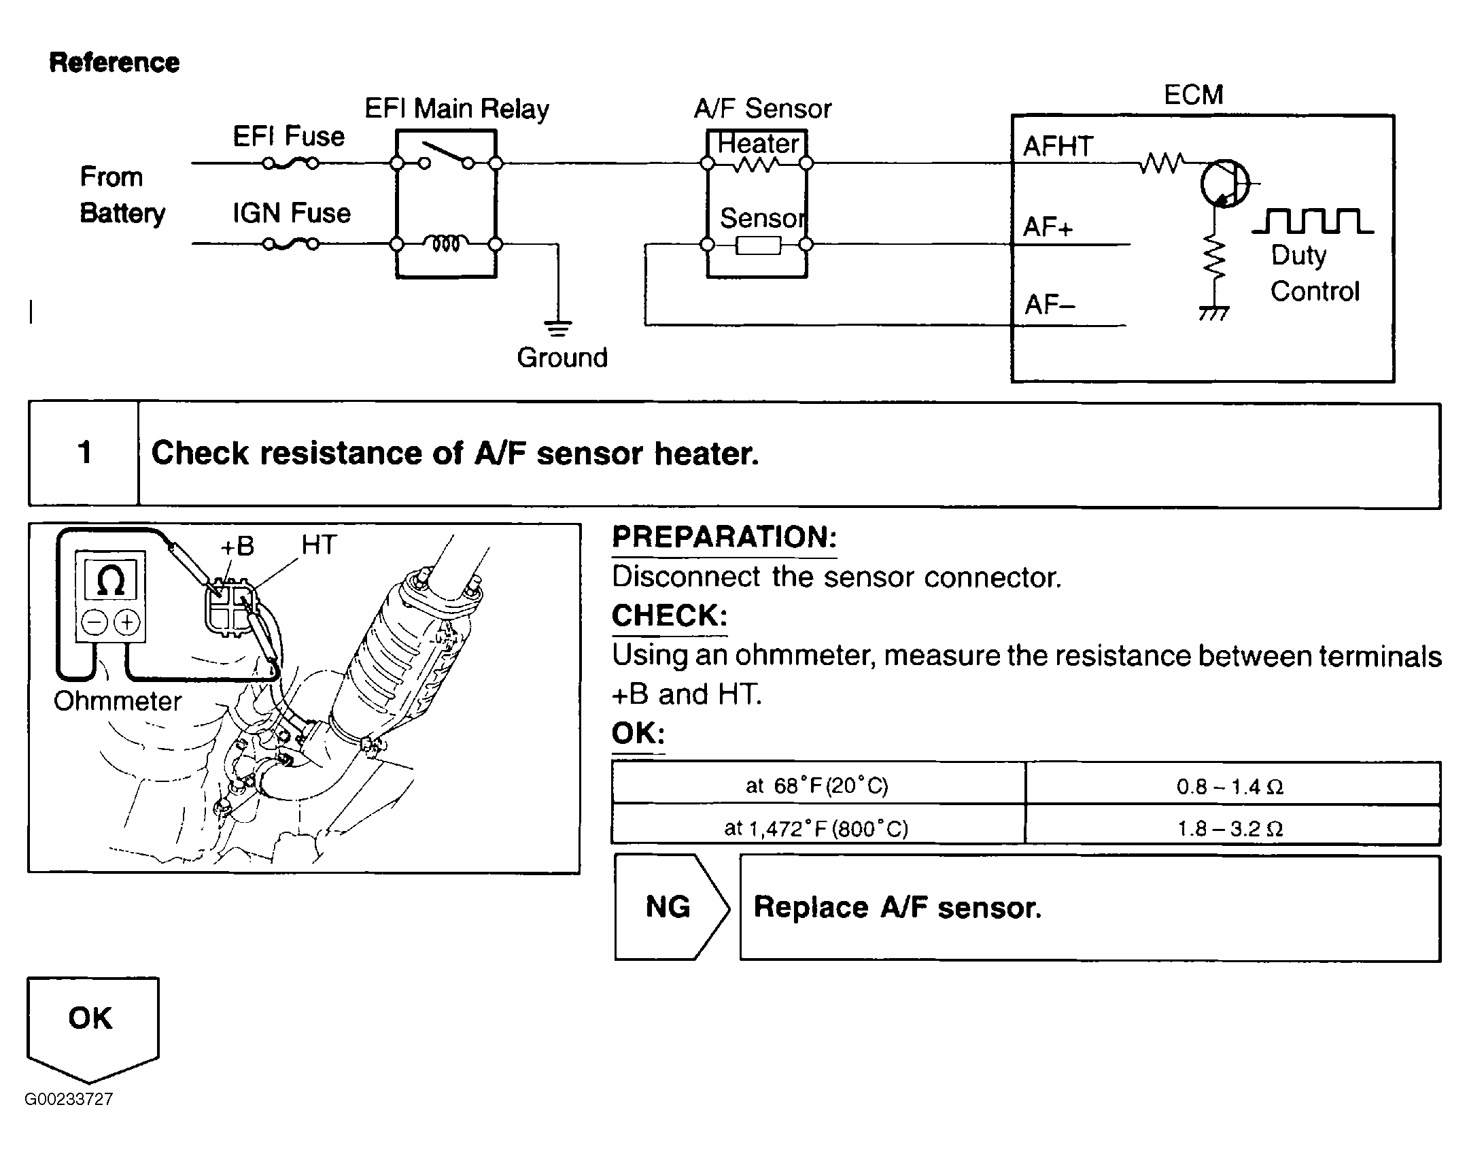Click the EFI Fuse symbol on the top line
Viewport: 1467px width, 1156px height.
coord(290,163)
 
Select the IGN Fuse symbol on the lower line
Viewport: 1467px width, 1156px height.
coord(290,243)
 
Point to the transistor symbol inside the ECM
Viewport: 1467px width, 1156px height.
coord(1224,184)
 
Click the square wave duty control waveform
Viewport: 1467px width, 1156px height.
coord(1312,221)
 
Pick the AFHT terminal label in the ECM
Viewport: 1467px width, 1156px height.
coord(1058,146)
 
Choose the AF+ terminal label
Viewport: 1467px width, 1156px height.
coord(1048,226)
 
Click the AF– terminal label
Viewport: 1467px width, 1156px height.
coord(1050,304)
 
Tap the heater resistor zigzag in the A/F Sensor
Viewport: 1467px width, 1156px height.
coord(757,164)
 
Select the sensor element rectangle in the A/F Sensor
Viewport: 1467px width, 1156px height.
coord(759,245)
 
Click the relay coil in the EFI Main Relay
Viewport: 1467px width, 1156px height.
coord(445,243)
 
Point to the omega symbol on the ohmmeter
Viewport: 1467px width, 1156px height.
coord(110,581)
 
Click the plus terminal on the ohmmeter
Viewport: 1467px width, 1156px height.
coord(127,622)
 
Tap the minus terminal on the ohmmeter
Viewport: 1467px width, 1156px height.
coord(94,622)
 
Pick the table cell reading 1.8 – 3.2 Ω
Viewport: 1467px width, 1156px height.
coord(1232,826)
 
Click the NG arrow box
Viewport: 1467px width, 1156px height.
coord(672,907)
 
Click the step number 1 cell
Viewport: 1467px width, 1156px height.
coord(84,454)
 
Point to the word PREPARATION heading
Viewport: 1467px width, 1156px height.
coord(724,537)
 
